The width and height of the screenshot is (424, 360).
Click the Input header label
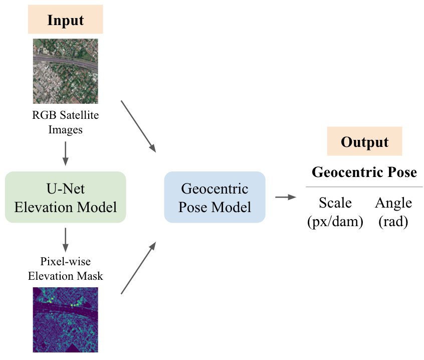[x=65, y=21]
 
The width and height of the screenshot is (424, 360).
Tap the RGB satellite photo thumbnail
[x=65, y=71]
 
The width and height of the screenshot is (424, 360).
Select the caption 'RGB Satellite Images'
[x=65, y=122]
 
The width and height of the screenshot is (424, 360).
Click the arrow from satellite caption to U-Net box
[x=65, y=152]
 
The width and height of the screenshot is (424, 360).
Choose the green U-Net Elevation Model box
[x=65, y=197]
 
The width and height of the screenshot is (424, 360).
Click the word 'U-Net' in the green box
[x=65, y=189]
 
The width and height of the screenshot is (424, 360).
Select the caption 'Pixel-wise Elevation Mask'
[x=65, y=268]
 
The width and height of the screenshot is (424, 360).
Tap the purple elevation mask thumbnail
[x=65, y=319]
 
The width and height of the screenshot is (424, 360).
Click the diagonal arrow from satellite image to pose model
[x=139, y=126]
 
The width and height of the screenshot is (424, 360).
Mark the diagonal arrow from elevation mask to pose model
[x=139, y=268]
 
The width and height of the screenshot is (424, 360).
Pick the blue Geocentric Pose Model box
[x=215, y=197]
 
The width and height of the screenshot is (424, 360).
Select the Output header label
[x=364, y=142]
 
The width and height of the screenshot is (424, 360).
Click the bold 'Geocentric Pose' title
[x=364, y=172]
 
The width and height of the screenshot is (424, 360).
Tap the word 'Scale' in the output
[x=335, y=203]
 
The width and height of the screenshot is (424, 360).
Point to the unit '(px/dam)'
[x=335, y=221]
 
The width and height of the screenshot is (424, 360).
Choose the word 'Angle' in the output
[x=393, y=203]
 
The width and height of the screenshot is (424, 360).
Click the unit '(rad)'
[x=393, y=221]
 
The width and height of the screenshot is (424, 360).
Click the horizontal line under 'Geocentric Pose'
[x=364, y=187]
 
